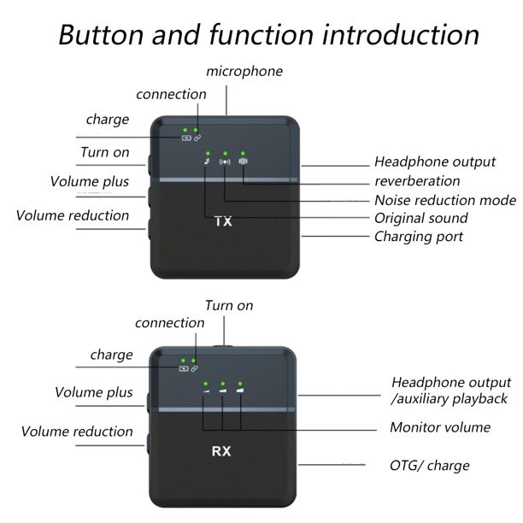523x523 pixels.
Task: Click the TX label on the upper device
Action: coord(222,222)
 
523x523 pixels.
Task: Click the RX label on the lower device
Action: coord(222,448)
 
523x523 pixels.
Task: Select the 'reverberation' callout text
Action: coord(417,181)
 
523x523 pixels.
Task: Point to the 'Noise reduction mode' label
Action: coord(444,200)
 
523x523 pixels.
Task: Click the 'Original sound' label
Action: coord(421,218)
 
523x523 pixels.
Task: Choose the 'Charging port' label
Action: coord(419,236)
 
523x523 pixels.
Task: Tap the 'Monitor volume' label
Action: coord(440,427)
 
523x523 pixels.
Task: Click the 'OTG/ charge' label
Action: coord(429,465)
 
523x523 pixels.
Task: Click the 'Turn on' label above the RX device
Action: coord(228,305)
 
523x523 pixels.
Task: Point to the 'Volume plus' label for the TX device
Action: coord(90,181)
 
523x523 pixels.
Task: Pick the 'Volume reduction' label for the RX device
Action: coord(77,432)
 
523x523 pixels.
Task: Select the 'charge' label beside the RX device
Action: coord(112,354)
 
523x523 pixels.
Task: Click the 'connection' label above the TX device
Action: coord(171,94)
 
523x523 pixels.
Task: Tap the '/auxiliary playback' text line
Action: coord(449,398)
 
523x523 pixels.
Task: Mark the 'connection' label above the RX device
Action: coord(170,323)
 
